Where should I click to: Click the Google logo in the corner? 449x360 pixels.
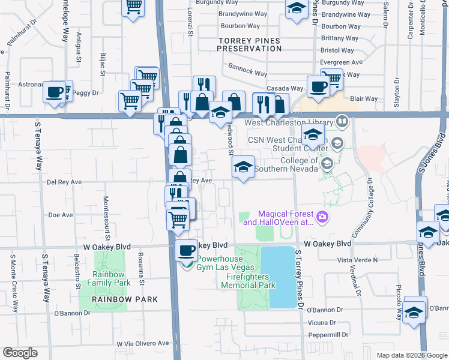(20, 353)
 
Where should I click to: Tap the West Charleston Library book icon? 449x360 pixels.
(342, 122)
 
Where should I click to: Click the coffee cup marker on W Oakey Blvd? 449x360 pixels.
(187, 249)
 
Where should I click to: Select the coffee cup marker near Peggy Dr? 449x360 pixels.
(55, 93)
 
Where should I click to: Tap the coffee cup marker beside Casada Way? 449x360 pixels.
(318, 87)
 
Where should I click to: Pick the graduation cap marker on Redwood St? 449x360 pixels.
(243, 167)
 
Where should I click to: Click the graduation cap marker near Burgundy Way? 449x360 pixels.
(296, 9)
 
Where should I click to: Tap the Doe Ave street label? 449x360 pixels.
(60, 215)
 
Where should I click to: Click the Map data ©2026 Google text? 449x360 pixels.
(411, 355)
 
